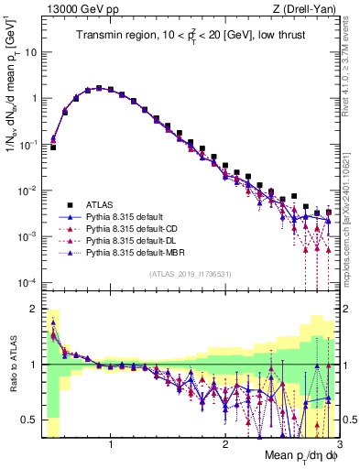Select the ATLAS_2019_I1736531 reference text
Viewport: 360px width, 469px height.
[x=191, y=274]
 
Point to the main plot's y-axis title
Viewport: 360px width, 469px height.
[x=12, y=92]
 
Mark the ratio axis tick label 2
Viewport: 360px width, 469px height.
[x=35, y=308]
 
